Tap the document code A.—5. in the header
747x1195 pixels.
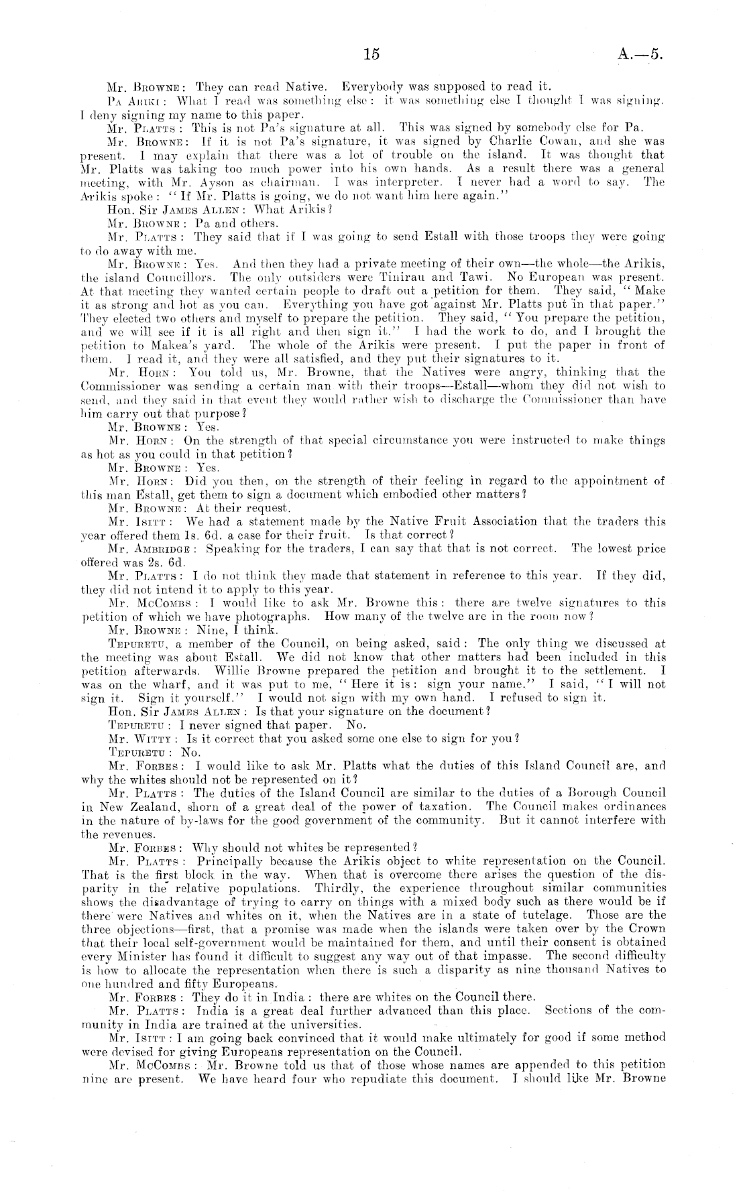(x=641, y=55)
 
